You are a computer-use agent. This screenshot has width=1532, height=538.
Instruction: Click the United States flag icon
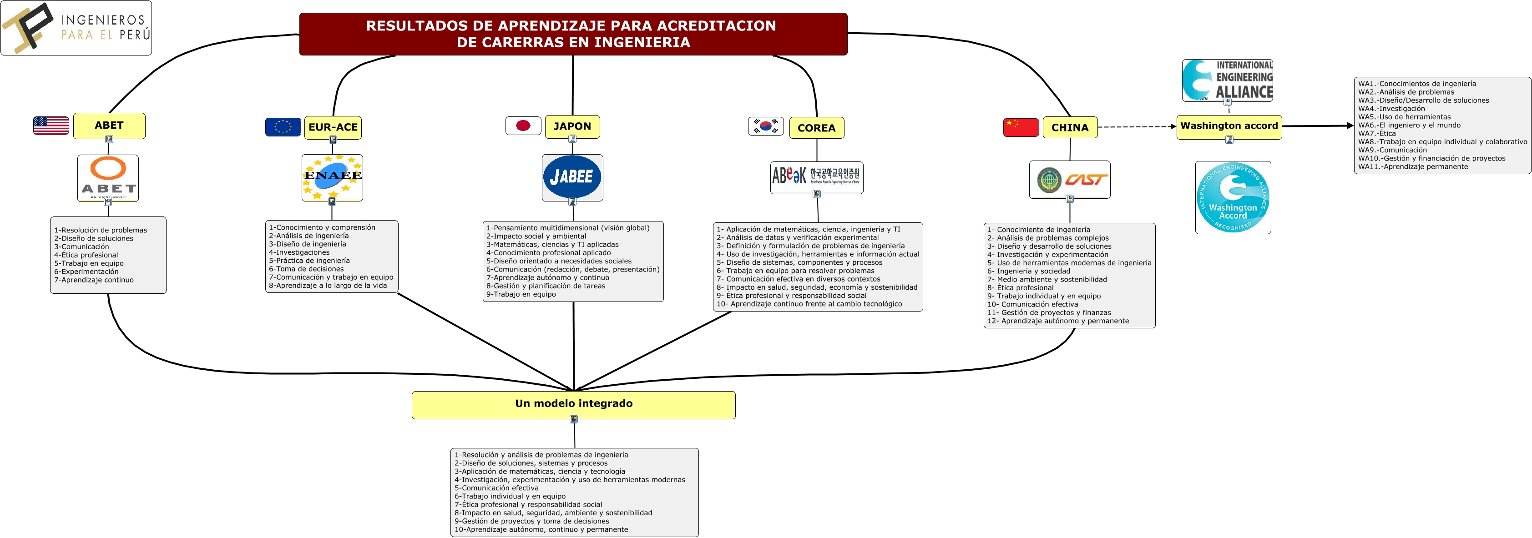(x=51, y=126)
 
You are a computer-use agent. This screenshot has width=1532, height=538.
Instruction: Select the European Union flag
(x=283, y=126)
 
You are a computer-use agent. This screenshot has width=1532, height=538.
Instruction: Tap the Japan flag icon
(x=523, y=126)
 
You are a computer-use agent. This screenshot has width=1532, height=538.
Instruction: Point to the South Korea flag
(x=765, y=126)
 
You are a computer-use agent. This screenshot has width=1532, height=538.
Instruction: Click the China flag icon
(x=1021, y=127)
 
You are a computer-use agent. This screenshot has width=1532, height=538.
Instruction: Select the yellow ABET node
(x=109, y=126)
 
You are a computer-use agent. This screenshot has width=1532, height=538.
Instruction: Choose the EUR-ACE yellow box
(x=333, y=127)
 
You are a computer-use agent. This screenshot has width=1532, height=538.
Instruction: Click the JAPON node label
(x=572, y=126)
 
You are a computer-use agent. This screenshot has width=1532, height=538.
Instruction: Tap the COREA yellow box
(x=817, y=128)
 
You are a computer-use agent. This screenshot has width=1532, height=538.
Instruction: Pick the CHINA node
(x=1070, y=127)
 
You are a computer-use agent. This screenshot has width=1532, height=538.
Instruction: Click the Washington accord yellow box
(x=1229, y=126)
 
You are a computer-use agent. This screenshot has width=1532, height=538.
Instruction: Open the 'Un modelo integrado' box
(x=573, y=404)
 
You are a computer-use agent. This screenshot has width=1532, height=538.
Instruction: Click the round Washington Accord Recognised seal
(x=1233, y=197)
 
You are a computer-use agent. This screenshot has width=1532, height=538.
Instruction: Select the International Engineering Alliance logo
(x=1228, y=80)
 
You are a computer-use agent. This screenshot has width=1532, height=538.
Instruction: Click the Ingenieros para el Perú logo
(x=76, y=28)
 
